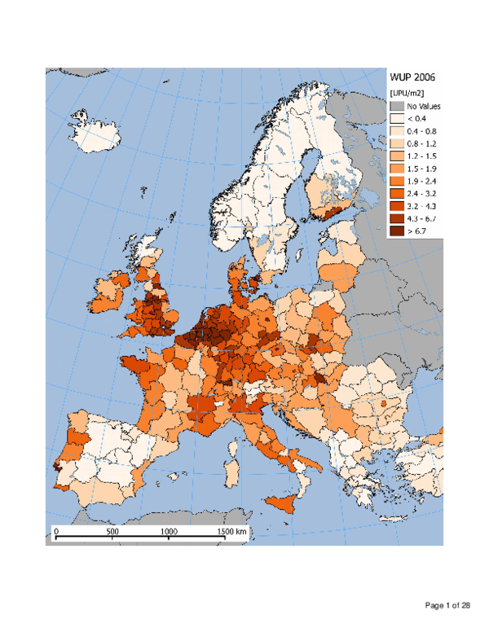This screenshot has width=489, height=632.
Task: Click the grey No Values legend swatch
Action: tap(395, 106)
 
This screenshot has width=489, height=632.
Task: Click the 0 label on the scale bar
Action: tap(56, 530)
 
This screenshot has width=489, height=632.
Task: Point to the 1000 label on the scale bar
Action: tap(170, 530)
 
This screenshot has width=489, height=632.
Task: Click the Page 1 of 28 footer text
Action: tap(447, 605)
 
